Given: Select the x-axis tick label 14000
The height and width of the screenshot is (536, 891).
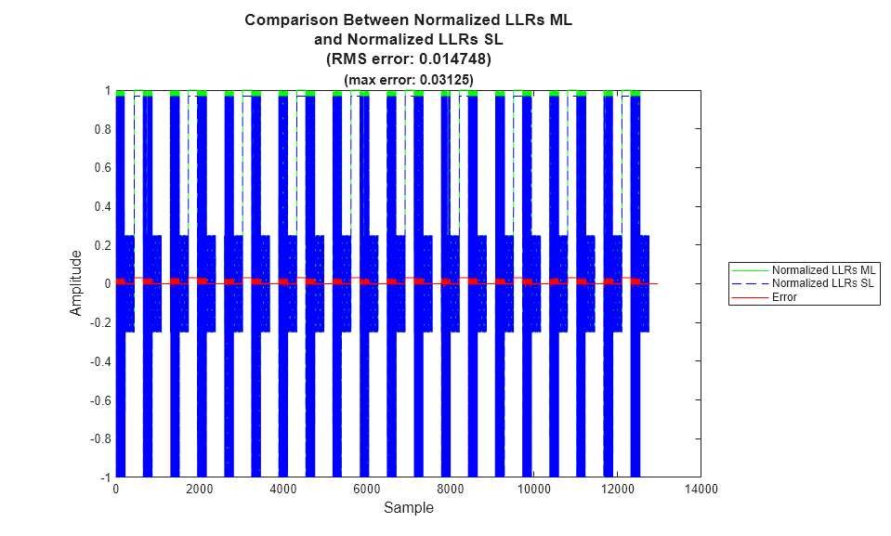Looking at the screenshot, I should point(700,489).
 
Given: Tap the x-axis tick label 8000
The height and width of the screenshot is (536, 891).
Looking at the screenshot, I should point(450,489).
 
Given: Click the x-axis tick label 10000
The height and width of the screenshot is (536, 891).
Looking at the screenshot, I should point(532,489).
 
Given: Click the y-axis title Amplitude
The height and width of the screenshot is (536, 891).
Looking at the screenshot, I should point(76,282).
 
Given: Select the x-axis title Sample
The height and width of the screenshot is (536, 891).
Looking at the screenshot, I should point(408,508).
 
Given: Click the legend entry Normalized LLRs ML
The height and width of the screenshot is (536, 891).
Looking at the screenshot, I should point(824,269).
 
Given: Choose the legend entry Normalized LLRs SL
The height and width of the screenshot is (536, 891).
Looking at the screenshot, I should point(824,282).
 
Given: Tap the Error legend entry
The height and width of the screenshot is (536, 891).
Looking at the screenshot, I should point(785,296).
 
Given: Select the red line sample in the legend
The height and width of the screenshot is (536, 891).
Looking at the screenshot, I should point(750,296).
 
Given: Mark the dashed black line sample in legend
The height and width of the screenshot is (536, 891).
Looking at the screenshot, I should point(750,282).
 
